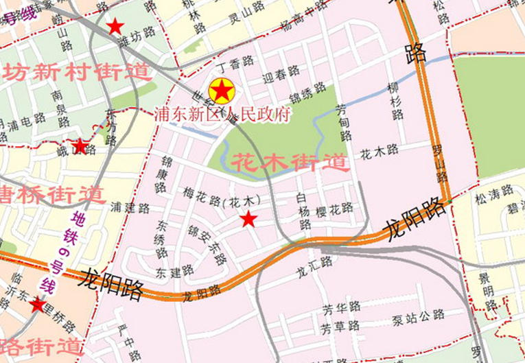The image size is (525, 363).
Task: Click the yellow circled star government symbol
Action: coord(222,91)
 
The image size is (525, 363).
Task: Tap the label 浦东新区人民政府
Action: coord(222,113)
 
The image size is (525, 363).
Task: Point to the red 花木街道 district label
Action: coord(290,163)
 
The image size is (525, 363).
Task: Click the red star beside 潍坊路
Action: coord(115,27)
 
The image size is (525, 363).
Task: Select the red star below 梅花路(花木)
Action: coord(248,220)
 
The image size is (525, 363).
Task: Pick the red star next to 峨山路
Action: coord(81,146)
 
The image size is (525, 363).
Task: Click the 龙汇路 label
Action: coord(314,263)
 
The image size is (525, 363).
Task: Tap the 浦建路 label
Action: coord(130,207)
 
